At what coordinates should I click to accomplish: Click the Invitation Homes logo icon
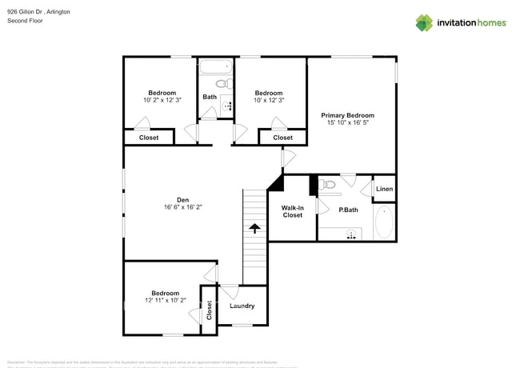click(x=424, y=22)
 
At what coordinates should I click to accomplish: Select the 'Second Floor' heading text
click(x=25, y=22)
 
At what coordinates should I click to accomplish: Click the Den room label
click(x=182, y=200)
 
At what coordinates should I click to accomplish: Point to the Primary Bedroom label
click(x=347, y=115)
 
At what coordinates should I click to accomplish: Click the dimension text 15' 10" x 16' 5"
click(x=347, y=123)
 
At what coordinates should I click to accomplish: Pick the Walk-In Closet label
click(x=292, y=210)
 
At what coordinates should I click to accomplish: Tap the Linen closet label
click(x=384, y=189)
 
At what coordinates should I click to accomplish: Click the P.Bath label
click(x=347, y=210)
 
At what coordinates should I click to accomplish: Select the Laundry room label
click(x=242, y=306)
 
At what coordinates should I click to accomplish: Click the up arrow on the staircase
click(x=254, y=229)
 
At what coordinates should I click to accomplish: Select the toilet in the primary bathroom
click(x=326, y=185)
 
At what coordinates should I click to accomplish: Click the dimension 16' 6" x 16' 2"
click(x=182, y=208)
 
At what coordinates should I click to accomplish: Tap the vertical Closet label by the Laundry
click(x=209, y=310)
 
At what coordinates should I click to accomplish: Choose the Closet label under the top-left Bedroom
click(x=149, y=138)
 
